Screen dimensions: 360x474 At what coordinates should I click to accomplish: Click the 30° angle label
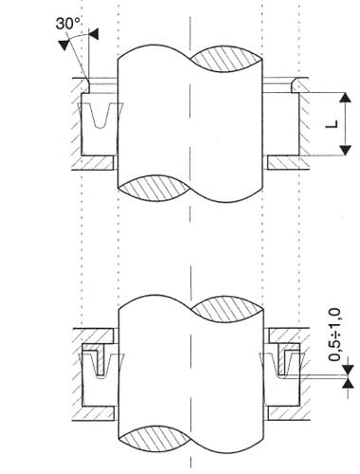(67, 24)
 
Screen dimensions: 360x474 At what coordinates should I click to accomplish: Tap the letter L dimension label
(332, 124)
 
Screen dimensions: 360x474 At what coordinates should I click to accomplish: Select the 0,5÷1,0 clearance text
(334, 335)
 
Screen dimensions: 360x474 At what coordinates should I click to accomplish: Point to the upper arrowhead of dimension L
(346, 98)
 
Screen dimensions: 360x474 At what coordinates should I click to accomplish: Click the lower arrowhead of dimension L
(346, 151)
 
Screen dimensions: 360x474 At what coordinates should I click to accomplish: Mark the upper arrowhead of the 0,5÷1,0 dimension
(348, 370)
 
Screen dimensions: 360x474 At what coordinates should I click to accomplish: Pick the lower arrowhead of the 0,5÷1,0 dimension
(348, 383)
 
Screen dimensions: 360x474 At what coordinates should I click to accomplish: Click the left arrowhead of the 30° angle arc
(64, 45)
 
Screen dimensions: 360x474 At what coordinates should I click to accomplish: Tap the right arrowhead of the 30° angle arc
(94, 34)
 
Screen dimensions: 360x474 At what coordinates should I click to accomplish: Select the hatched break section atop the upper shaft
(226, 59)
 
